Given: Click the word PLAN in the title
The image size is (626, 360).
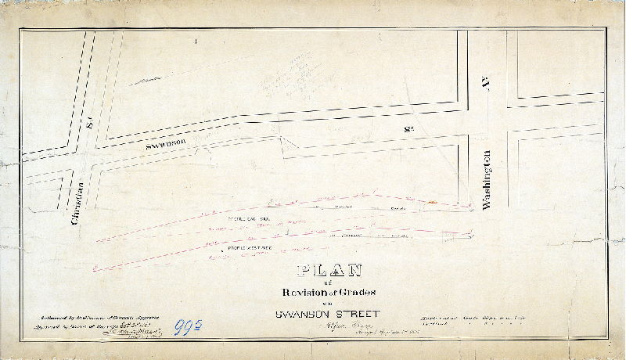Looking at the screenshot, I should [329, 271].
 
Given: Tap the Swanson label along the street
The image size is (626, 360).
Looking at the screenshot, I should [165, 144].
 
